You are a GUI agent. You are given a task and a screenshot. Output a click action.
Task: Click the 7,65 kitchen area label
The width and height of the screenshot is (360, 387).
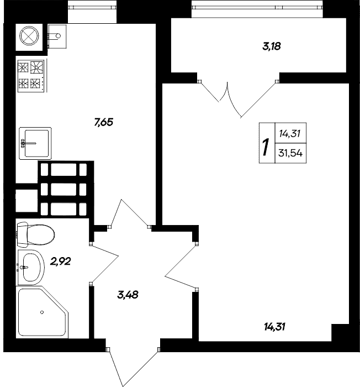pyautogui.click(x=103, y=123)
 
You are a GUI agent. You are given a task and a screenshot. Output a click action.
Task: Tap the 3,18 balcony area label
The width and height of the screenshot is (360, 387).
pyautogui.click(x=272, y=46)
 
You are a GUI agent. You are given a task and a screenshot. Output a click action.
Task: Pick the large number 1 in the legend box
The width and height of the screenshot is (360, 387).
pyautogui.click(x=266, y=148)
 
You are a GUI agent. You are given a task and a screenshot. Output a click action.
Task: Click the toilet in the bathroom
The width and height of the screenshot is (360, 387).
pyautogui.click(x=34, y=234)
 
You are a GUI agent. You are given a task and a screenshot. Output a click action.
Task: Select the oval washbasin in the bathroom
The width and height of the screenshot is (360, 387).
pyautogui.click(x=31, y=266)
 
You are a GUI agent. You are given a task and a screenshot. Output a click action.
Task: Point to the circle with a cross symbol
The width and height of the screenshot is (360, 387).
pyautogui.click(x=29, y=35)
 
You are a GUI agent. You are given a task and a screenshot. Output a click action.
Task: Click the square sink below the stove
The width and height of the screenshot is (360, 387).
pyautogui.click(x=35, y=143)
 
